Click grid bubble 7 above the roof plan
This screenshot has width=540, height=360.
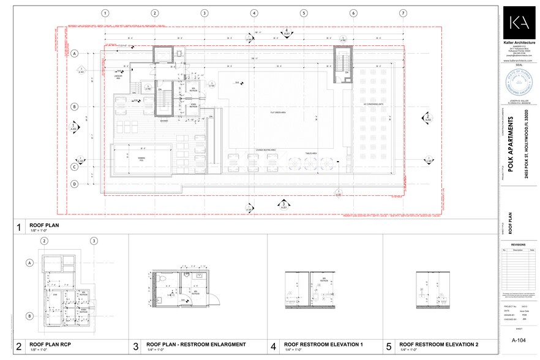point(403,13)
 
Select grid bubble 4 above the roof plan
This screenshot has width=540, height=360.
point(253,13)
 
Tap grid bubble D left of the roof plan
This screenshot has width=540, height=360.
point(75,184)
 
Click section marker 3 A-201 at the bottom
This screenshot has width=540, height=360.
point(284,204)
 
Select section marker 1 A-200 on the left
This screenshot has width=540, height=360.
point(75,127)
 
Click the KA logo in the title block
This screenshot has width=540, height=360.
point(519,24)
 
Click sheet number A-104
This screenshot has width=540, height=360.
point(519,340)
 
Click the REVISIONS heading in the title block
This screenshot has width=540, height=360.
point(519,243)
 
